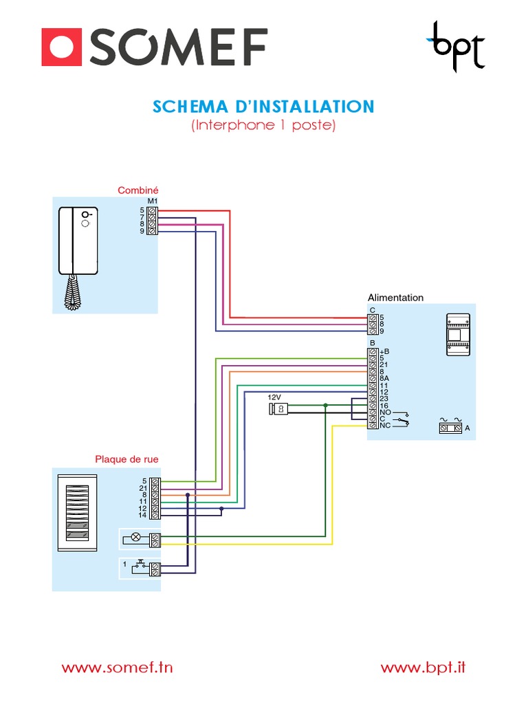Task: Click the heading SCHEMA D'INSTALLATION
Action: tap(263, 107)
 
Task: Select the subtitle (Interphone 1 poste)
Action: tap(263, 126)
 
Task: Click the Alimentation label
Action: tap(395, 298)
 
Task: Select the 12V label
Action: tap(275, 398)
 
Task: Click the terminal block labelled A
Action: tap(450, 428)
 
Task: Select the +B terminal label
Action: tap(384, 351)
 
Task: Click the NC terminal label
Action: tap(384, 426)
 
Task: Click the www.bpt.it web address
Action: tap(423, 667)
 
